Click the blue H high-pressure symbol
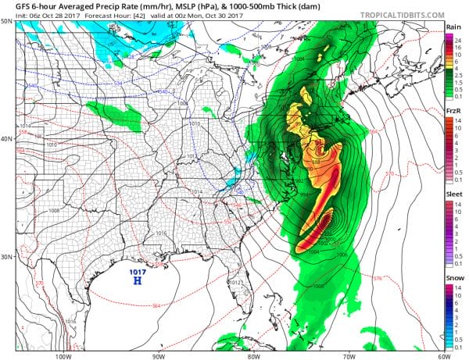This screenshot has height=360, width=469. (x=137, y=281)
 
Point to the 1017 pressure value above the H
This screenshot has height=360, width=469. (x=137, y=272)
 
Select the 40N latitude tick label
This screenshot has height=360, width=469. (x=7, y=139)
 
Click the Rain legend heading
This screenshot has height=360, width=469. (x=453, y=27)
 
